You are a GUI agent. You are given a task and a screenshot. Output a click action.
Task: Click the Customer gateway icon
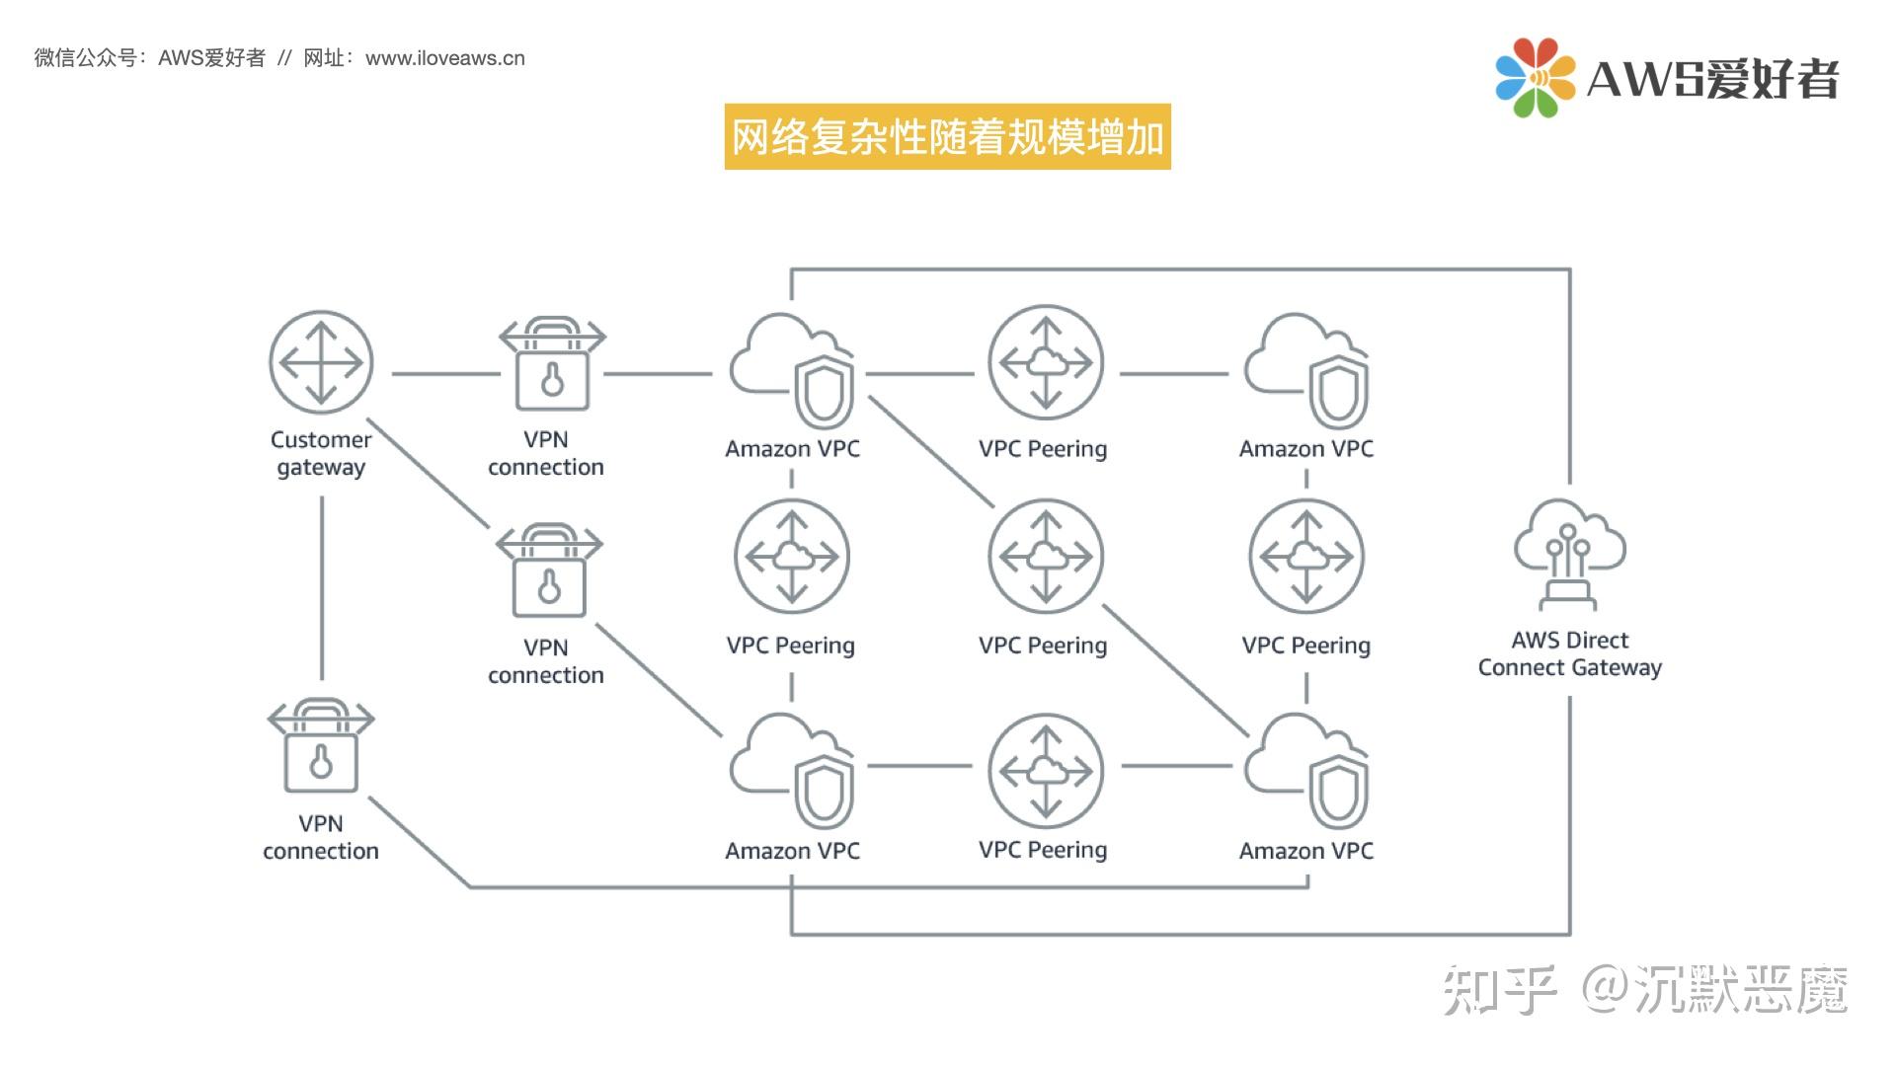[x=321, y=363]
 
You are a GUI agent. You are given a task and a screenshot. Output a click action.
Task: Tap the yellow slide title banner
[x=947, y=136]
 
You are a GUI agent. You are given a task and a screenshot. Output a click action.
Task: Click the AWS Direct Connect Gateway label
[x=1569, y=653]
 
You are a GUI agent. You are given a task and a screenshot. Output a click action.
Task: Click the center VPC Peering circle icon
[x=1046, y=557]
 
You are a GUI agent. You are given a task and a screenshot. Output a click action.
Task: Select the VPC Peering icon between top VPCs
[x=1046, y=362]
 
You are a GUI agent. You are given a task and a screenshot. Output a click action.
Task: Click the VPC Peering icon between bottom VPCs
[x=1046, y=770]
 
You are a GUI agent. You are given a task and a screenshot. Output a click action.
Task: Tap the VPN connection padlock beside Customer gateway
[x=552, y=365]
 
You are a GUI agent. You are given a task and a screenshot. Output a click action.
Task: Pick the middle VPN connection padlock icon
[x=549, y=572]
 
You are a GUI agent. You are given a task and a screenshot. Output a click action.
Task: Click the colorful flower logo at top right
[x=1535, y=77]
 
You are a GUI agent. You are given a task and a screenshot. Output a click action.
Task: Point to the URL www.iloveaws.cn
[x=444, y=58]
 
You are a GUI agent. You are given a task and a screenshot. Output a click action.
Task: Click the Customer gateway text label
[x=321, y=453]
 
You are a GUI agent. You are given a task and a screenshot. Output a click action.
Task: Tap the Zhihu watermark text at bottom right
[x=1644, y=989]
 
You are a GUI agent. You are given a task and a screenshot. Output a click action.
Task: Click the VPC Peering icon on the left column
[x=792, y=557]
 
